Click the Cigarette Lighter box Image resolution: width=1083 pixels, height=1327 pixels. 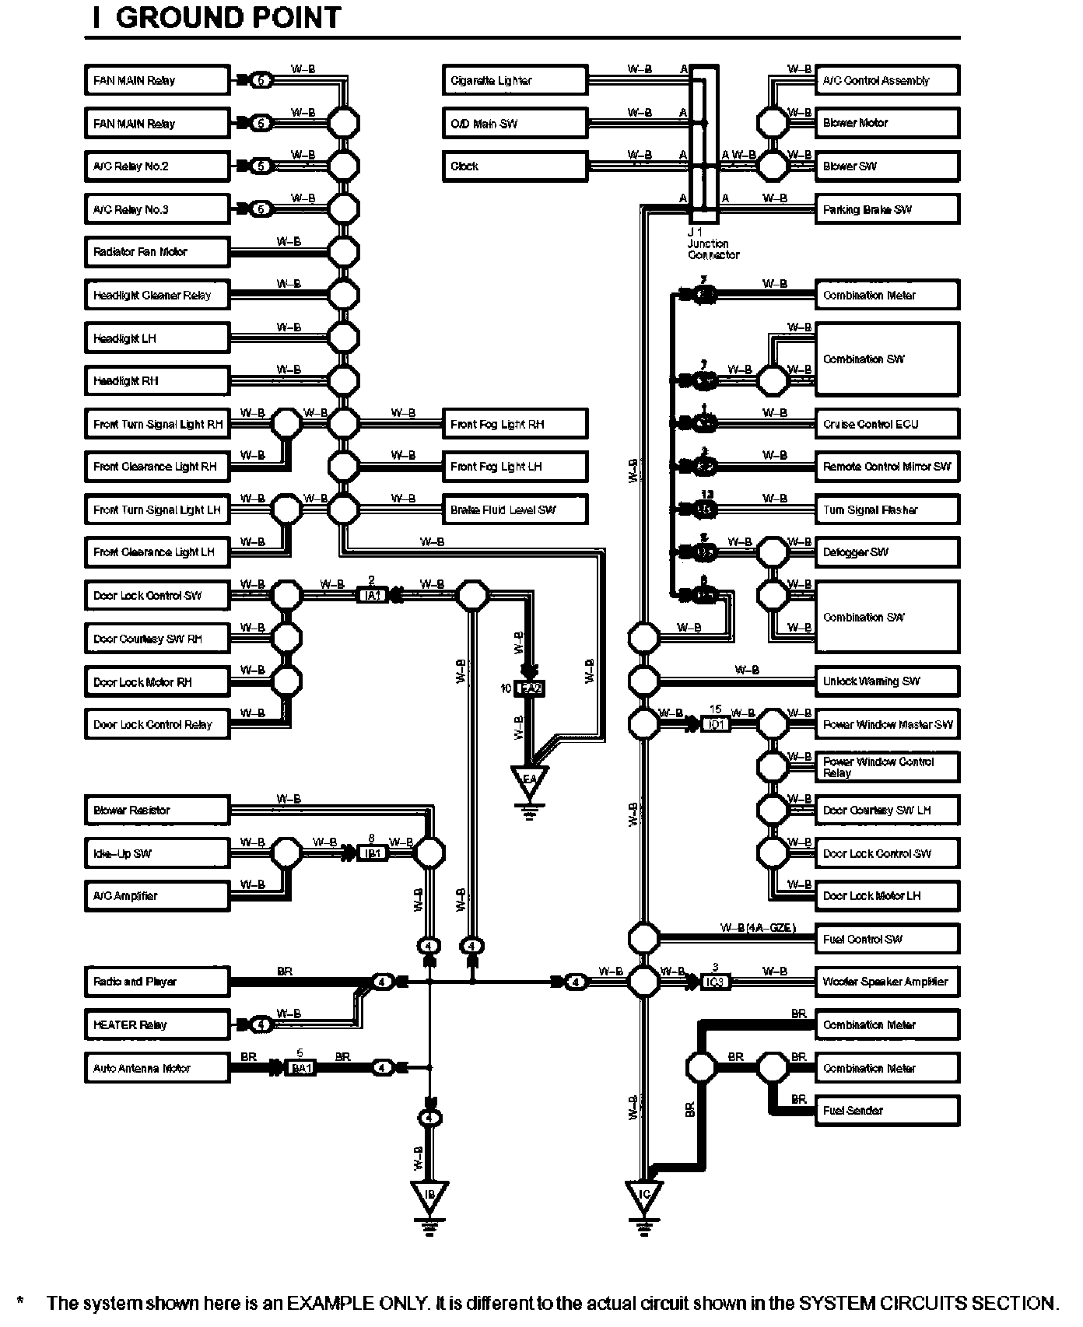pyautogui.click(x=514, y=80)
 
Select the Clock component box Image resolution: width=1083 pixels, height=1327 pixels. pyautogui.click(x=514, y=166)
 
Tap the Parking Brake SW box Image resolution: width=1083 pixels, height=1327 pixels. pyautogui.click(x=886, y=209)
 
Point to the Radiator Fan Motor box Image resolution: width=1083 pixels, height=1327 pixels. pyautogui.click(x=156, y=252)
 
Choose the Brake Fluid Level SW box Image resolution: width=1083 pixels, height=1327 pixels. pyautogui.click(x=514, y=510)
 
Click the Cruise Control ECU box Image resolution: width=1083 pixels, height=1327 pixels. pyautogui.click(x=886, y=424)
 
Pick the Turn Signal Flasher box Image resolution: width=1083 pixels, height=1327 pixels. pyautogui.click(x=886, y=510)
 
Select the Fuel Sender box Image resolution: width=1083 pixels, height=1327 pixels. pyautogui.click(x=886, y=1111)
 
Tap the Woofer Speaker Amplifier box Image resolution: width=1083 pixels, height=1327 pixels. pyautogui.click(x=886, y=982)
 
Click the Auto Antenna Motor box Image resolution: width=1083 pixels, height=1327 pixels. pyautogui.click(x=156, y=1068)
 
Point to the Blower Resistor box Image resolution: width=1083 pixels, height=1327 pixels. pyautogui.click(x=156, y=811)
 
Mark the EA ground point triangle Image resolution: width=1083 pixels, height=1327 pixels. pyautogui.click(x=529, y=779)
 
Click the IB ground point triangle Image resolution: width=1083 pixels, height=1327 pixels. pyautogui.click(x=429, y=1195)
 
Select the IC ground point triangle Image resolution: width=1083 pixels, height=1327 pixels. pyautogui.click(x=643, y=1195)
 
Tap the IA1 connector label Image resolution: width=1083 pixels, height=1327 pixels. pyautogui.click(x=373, y=596)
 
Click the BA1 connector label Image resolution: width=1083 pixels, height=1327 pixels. pyautogui.click(x=301, y=1068)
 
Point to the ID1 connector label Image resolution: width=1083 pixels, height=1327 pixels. pyautogui.click(x=715, y=724)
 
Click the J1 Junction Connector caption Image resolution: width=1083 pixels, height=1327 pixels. pyautogui.click(x=712, y=243)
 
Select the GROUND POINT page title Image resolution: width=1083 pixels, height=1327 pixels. pyautogui.click(x=217, y=18)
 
